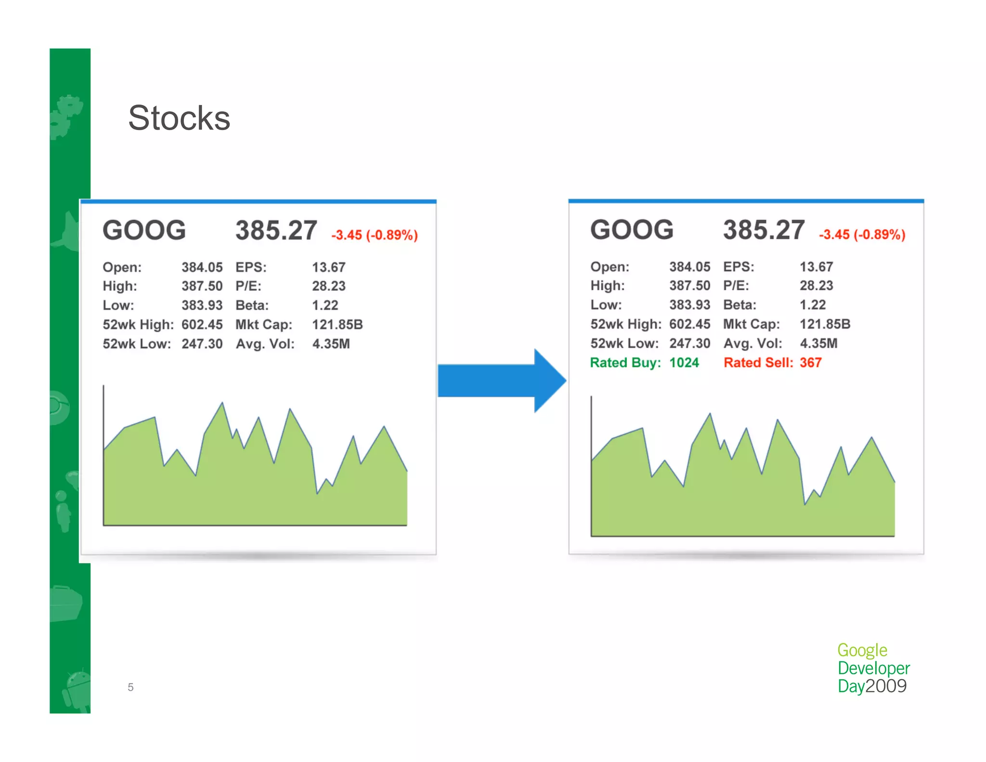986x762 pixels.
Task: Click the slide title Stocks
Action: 179,118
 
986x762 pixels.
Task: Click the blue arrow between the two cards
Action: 501,381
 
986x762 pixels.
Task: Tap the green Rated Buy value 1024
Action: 684,363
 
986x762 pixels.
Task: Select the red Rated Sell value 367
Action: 811,363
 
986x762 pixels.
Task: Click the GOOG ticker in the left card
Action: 144,230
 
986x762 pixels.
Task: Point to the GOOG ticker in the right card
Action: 632,230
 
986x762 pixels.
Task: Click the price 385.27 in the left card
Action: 276,230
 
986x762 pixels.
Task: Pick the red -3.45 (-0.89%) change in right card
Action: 862,235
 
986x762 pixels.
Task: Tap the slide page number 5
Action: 130,687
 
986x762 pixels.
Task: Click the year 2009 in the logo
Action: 886,686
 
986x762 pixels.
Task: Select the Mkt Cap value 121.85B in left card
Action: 337,325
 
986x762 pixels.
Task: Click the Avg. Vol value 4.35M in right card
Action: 818,343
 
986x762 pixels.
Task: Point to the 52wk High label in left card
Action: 138,325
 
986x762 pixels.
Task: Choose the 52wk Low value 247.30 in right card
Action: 689,343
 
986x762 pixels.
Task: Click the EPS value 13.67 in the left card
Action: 328,267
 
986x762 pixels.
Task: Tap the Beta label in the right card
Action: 739,305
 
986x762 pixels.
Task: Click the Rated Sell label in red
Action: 758,363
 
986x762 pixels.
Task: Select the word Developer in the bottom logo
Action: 873,668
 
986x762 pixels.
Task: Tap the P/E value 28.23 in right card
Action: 816,286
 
